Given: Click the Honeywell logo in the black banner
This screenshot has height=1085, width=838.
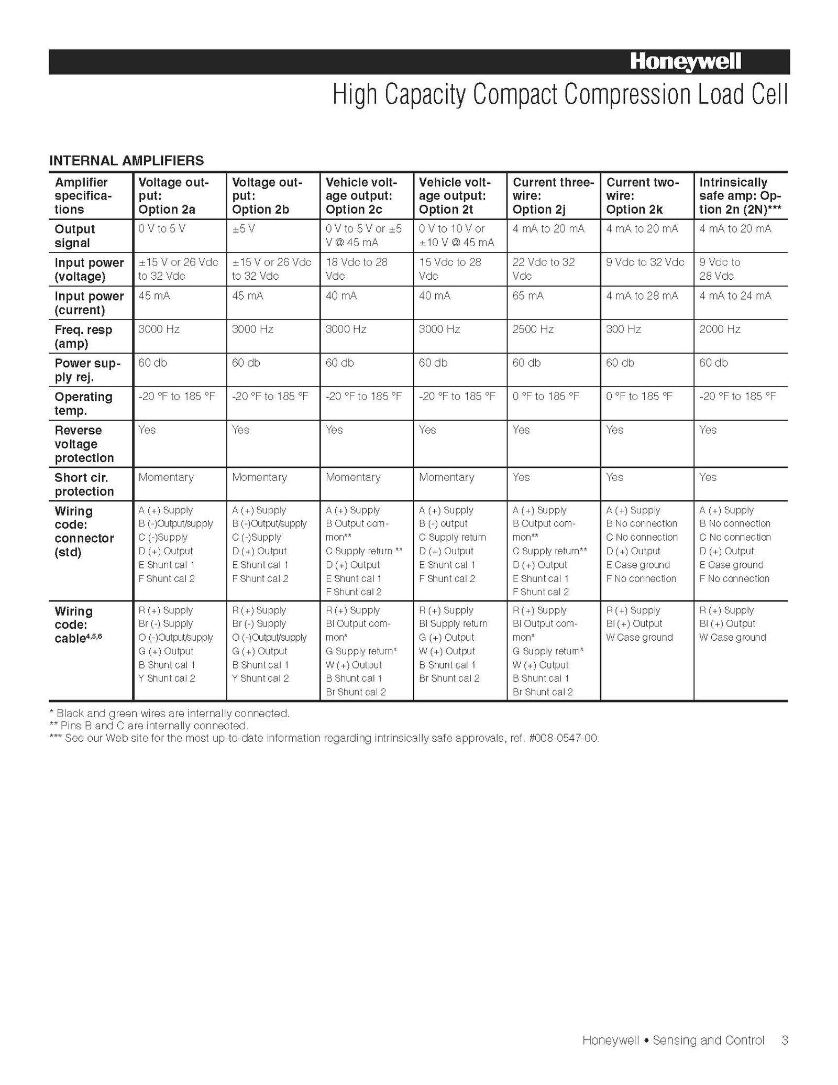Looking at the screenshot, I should click(685, 62).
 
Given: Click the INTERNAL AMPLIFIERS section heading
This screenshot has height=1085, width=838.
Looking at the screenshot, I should click(126, 160).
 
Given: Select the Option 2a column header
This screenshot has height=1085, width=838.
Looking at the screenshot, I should click(174, 196).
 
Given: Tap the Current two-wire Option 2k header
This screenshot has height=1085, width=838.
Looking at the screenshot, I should click(642, 196).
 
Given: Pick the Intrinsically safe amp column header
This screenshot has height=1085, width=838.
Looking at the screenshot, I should click(740, 196).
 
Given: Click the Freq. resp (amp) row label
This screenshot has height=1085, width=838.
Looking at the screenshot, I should click(83, 336).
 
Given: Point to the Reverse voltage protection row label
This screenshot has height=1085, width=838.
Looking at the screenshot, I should click(84, 444).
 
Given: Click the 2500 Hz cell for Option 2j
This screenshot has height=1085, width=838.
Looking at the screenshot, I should click(533, 330).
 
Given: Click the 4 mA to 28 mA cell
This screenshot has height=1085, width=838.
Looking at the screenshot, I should click(642, 296).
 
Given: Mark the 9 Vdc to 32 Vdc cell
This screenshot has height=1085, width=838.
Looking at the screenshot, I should click(645, 262).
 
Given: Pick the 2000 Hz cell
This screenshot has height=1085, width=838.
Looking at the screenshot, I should click(720, 330).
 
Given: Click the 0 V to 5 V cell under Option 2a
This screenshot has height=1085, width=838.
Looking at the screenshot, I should click(161, 229).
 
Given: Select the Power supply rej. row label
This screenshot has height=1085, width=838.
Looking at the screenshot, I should click(87, 370).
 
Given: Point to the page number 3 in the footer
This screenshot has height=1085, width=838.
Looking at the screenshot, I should click(785, 1040).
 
